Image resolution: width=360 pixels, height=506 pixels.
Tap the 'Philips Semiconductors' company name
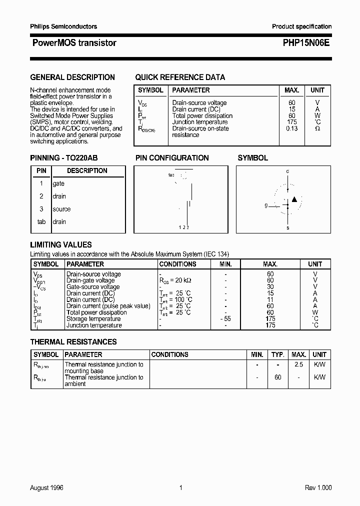pos(63,26)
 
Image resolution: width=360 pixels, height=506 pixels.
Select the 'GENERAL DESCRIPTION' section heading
pos(72,77)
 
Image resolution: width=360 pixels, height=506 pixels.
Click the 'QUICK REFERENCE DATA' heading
pos(180,77)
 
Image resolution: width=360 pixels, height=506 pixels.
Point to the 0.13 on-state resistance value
pos(291,128)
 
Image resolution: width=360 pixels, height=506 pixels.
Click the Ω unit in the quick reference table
pos(317,128)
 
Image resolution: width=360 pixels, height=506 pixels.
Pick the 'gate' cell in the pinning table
pos(58,183)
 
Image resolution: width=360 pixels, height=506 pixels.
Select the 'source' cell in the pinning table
pos(61,209)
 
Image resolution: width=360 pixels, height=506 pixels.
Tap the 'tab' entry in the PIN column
pos(41,221)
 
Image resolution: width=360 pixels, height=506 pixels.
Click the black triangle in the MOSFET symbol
pos(294,199)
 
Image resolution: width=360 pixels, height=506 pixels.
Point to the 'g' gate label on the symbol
pos(266,205)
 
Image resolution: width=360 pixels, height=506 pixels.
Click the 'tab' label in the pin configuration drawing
pos(171,175)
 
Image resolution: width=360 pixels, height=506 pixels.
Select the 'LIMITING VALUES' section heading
pos(61,245)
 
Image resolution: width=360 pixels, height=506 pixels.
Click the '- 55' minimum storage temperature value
pos(225,318)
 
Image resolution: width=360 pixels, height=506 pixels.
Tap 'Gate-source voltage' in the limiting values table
pos(93,287)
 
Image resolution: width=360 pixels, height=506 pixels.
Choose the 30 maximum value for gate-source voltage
pos(270,287)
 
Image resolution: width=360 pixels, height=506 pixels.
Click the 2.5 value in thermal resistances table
pos(299,364)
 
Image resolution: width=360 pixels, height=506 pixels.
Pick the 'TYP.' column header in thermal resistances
pos(278,354)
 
